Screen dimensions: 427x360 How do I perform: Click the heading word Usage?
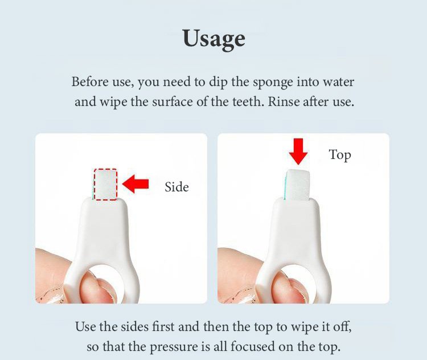point(213,39)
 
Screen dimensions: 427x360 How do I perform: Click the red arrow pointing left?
point(136,184)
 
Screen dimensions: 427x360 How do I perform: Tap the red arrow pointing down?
point(298,152)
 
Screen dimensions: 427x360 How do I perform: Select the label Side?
point(176,187)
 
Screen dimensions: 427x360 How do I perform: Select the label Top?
point(339,155)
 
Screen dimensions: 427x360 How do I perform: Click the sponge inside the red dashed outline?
point(106,185)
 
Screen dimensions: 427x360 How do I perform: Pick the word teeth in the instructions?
point(248,101)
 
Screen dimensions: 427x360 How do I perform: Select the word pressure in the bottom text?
point(174,347)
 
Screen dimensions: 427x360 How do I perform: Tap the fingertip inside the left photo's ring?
point(98,289)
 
